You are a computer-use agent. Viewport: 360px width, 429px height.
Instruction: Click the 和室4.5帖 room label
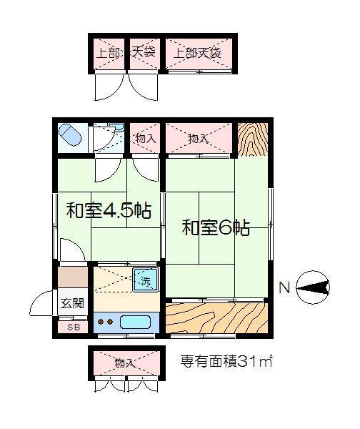pyautogui.click(x=109, y=210)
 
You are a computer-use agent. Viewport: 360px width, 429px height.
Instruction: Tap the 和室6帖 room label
pyautogui.click(x=216, y=227)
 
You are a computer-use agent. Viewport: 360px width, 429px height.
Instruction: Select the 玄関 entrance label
pyautogui.click(x=72, y=303)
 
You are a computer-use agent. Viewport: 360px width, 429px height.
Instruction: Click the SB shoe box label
pyautogui.click(x=74, y=327)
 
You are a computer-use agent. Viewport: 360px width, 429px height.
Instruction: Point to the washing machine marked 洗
pyautogui.click(x=146, y=280)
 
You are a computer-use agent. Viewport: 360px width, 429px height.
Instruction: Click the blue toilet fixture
pyautogui.click(x=70, y=135)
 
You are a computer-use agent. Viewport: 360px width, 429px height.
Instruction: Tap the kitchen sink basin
pyautogui.click(x=135, y=322)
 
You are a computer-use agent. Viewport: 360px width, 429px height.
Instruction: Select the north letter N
pyautogui.click(x=284, y=288)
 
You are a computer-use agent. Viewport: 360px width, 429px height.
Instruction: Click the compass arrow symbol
pyautogui.click(x=313, y=287)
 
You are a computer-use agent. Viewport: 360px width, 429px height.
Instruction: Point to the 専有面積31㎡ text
pyautogui.click(x=226, y=361)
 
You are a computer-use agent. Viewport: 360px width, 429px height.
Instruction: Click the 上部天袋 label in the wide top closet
pyautogui.click(x=197, y=53)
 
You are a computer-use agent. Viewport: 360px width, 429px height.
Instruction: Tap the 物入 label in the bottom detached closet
pyautogui.click(x=125, y=363)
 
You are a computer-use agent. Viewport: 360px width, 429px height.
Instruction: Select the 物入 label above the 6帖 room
pyautogui.click(x=199, y=139)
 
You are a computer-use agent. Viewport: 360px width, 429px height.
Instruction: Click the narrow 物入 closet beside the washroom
pyautogui.click(x=145, y=138)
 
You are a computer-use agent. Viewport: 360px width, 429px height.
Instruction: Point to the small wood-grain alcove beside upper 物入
pyautogui.click(x=252, y=139)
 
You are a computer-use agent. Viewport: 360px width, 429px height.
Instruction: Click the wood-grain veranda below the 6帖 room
pyautogui.click(x=216, y=318)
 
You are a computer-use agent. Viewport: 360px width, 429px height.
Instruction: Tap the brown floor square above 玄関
pyautogui.click(x=73, y=277)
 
